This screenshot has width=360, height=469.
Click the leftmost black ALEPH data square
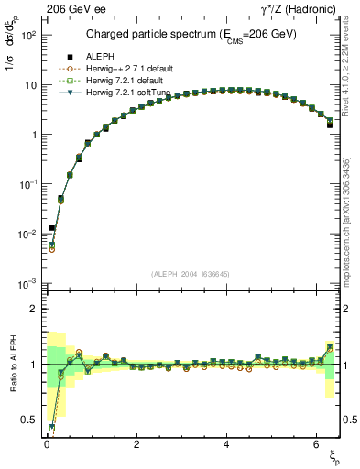tap(52, 227)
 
